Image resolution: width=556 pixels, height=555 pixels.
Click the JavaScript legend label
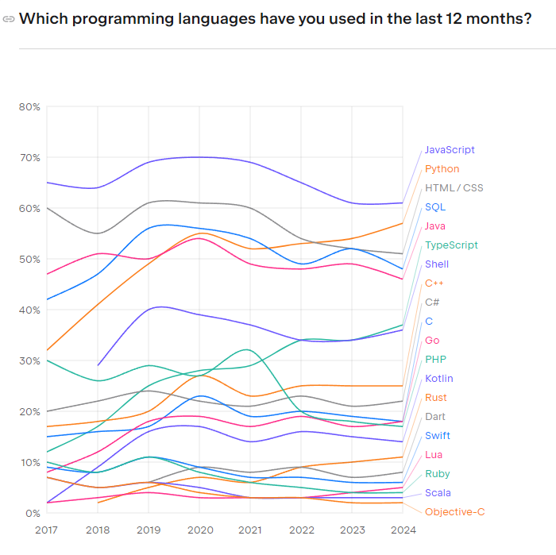[450, 150]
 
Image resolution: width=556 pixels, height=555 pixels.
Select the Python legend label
[442, 169]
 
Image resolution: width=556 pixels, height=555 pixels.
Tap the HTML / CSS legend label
[454, 188]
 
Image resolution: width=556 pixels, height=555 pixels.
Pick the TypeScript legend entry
[451, 245]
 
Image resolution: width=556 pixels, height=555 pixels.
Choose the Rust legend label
[435, 398]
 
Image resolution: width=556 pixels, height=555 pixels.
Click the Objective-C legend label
[454, 512]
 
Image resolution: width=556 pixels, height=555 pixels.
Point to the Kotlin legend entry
[439, 379]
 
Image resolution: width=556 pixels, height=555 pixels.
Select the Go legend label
[432, 341]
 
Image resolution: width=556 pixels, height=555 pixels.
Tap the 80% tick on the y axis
[29, 107]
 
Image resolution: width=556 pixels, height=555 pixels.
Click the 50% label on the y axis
[29, 260]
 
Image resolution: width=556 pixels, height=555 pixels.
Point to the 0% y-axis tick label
[32, 513]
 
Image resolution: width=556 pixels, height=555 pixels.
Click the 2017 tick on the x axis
[47, 528]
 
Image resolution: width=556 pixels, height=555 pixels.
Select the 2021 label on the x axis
[250, 528]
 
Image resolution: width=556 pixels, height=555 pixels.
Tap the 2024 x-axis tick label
[403, 528]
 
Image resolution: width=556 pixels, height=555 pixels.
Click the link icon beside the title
[9, 19]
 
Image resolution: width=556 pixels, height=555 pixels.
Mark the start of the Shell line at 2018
[98, 365]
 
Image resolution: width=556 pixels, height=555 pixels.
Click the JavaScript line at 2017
[47, 183]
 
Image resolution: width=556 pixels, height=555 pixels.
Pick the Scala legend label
[438, 493]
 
